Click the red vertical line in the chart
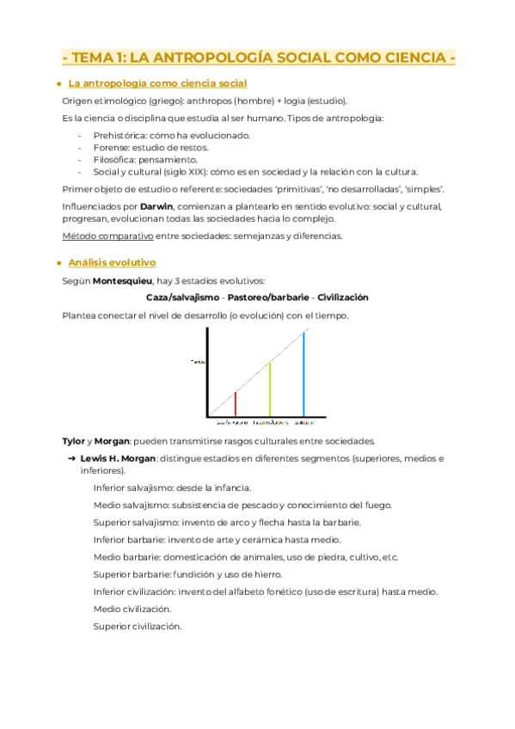coord(236,404)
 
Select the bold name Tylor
coord(73,441)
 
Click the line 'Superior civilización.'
coord(138,627)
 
